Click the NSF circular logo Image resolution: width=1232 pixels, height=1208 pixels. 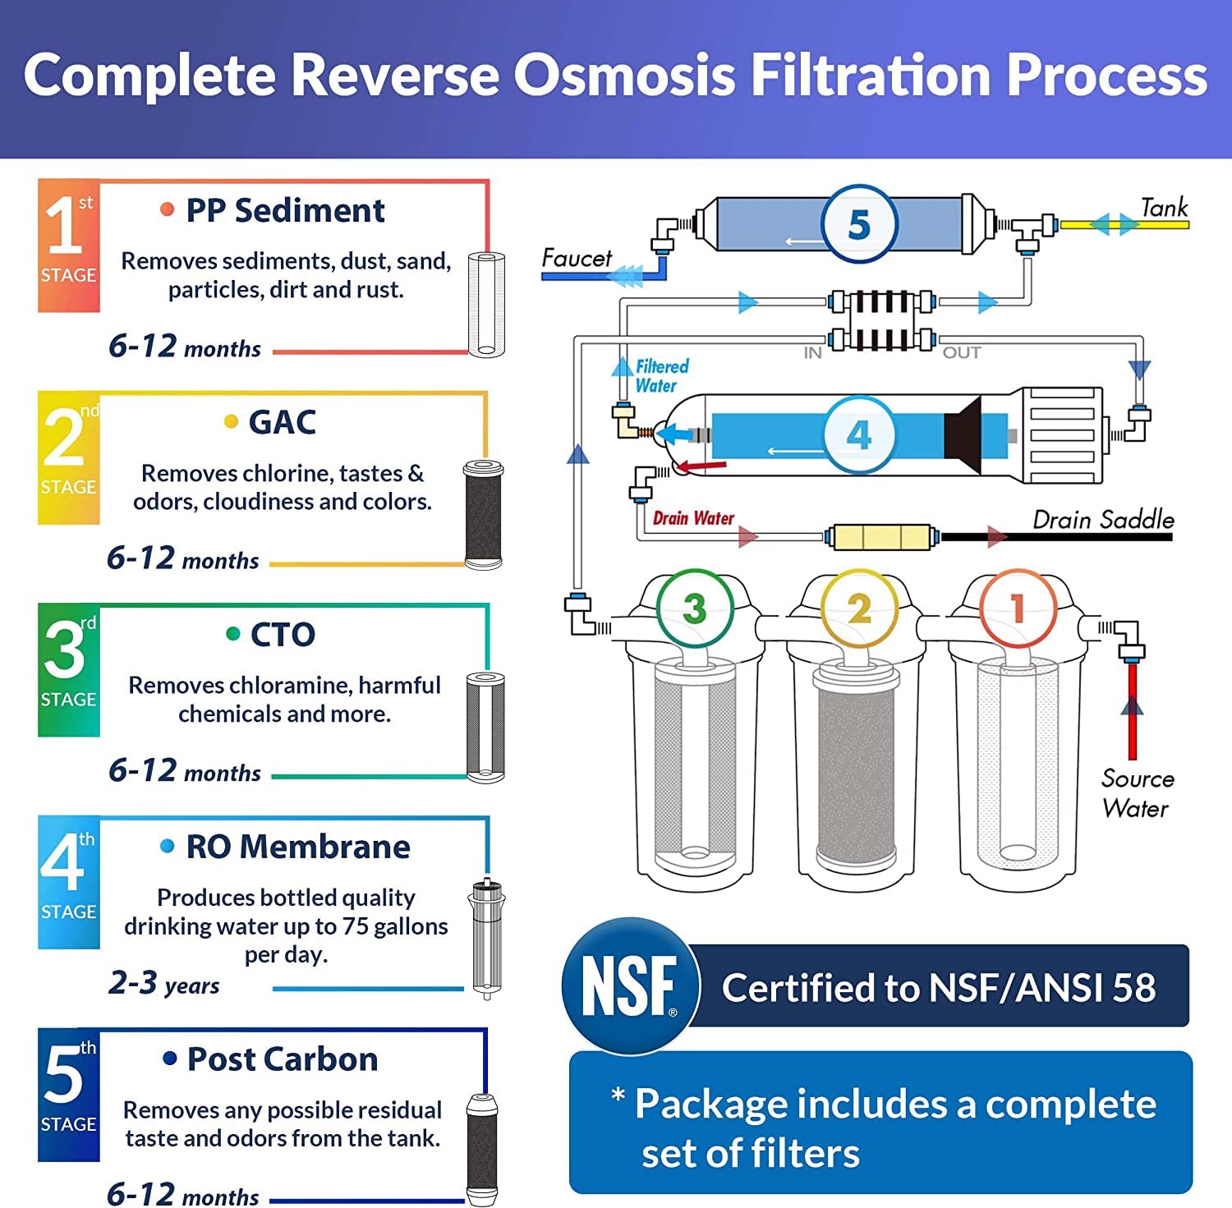pos(630,985)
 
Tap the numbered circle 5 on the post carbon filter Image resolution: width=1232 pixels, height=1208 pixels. pos(858,223)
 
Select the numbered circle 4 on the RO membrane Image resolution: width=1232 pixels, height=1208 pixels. pos(858,434)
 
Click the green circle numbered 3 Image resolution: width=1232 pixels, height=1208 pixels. pos(695,609)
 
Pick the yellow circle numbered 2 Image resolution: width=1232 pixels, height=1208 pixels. pos(859,609)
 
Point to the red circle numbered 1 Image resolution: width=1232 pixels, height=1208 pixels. pos(1018,609)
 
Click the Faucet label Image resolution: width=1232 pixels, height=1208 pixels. pos(577,258)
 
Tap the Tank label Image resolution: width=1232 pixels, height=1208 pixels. pos(1164,208)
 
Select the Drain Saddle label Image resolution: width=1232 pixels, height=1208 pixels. pos(1102,520)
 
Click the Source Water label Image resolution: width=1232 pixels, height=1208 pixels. pos(1137,793)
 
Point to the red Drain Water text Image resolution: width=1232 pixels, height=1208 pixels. pos(693,518)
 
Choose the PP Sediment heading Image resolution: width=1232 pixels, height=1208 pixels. pos(284,211)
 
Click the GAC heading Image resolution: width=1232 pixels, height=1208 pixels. pos(282,422)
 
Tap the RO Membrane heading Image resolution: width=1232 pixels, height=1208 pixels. pos(297,847)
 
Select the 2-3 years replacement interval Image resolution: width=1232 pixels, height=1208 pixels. pos(164,983)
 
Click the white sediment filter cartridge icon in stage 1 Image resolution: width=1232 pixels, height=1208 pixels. pos(486,304)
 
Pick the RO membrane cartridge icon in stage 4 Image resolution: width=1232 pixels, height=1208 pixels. pos(487,938)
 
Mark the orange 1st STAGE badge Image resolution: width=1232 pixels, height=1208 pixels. pos(69,246)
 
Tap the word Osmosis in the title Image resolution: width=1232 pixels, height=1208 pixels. pos(624,76)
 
